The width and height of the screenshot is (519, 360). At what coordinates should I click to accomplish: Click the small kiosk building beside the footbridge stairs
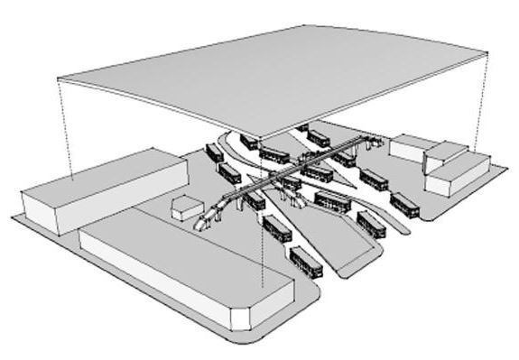[x=185, y=206]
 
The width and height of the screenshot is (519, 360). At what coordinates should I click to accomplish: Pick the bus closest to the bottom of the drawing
[x=304, y=262]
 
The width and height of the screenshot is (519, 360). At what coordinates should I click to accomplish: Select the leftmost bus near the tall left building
[x=215, y=152]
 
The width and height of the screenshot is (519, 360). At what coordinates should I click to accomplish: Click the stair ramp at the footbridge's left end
[x=206, y=218]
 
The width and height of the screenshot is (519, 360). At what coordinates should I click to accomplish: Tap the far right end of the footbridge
[x=372, y=141]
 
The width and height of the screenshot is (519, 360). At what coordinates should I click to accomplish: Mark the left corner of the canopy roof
[x=58, y=76]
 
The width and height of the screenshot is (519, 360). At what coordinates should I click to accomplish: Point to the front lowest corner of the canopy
[x=263, y=139]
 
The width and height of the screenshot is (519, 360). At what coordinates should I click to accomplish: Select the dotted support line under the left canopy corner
[x=65, y=126]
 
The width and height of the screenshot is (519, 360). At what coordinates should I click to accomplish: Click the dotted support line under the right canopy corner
[x=476, y=104]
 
